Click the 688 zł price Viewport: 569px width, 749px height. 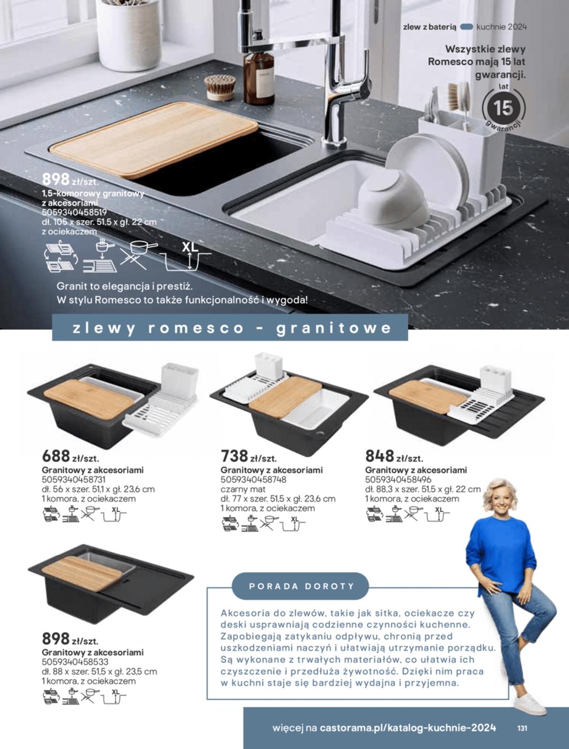[70, 456]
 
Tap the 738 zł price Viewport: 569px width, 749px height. [248, 456]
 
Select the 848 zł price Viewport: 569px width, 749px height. [394, 456]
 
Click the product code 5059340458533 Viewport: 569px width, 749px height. [75, 662]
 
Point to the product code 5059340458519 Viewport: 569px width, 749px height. [74, 212]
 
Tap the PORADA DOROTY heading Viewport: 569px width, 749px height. [301, 587]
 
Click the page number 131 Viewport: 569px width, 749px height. [522, 727]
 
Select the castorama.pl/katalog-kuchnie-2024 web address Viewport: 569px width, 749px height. [408, 727]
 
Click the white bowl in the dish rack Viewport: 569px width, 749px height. [394, 199]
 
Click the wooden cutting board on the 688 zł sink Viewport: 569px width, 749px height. [89, 399]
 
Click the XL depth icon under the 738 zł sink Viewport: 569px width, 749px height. [294, 524]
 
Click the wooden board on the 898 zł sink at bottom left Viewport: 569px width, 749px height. [82, 573]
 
